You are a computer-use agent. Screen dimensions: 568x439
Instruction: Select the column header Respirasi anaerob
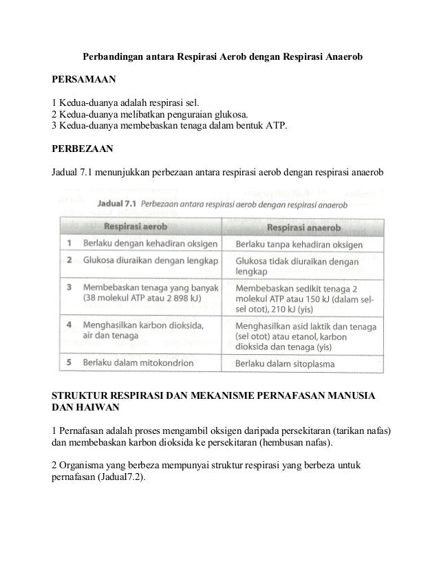[303, 226]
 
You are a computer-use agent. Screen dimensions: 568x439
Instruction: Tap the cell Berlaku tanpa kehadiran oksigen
[304, 244]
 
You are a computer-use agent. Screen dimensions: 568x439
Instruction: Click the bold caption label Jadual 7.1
[118, 204]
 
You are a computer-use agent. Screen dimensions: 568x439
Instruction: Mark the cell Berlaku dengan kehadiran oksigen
[151, 243]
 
